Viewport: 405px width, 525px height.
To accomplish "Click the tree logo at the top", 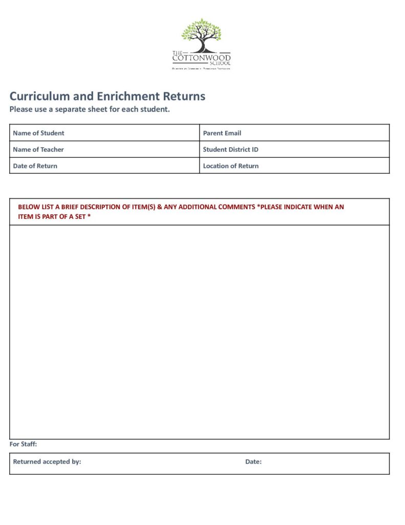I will click(201, 35).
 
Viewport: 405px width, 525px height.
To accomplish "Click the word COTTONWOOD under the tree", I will click(201, 58).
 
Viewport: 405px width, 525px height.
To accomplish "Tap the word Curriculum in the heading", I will click(41, 96).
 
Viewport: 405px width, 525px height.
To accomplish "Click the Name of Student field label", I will click(38, 133).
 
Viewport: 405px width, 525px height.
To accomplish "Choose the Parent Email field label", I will click(222, 133).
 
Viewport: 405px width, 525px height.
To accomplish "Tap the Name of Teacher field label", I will click(38, 150).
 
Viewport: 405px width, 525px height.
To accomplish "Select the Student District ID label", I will click(230, 150).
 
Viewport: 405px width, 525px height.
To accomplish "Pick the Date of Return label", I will click(35, 166).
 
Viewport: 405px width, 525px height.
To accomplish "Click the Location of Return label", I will click(230, 166).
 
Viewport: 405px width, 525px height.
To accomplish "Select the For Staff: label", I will click(23, 445).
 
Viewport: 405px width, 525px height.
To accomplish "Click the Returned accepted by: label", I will click(47, 462).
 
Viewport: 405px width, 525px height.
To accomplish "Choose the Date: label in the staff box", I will click(253, 462).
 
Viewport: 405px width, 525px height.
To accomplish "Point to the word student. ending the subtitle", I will click(155, 109).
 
